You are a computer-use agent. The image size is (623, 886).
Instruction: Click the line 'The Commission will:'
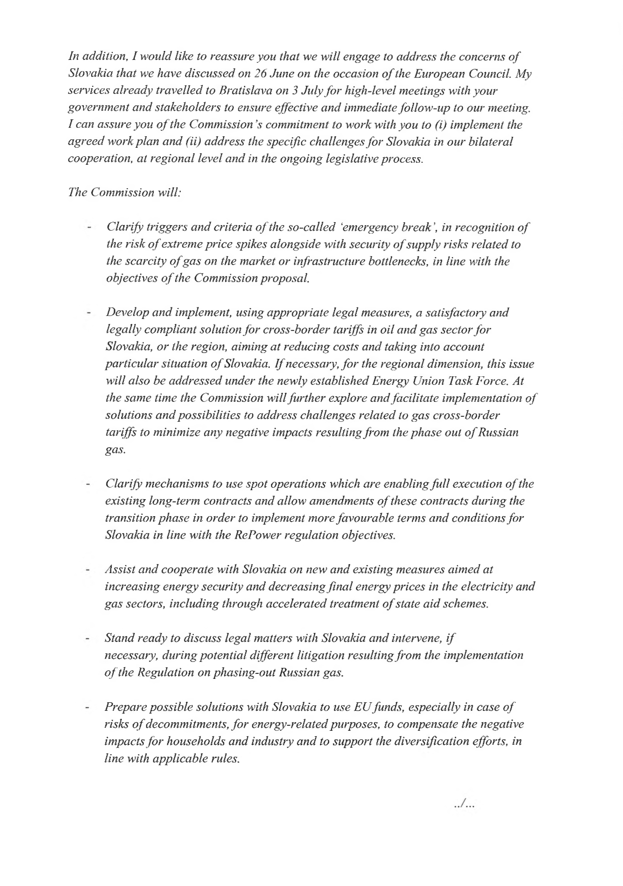pyautogui.click(x=124, y=193)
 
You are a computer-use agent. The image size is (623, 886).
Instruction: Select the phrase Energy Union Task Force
pyautogui.click(x=441, y=381)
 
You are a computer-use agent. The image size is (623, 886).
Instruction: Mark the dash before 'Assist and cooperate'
pyautogui.click(x=88, y=570)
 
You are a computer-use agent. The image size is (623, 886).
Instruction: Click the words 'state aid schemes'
pyautogui.click(x=449, y=604)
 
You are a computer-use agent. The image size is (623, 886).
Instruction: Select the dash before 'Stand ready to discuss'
pyautogui.click(x=88, y=639)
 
